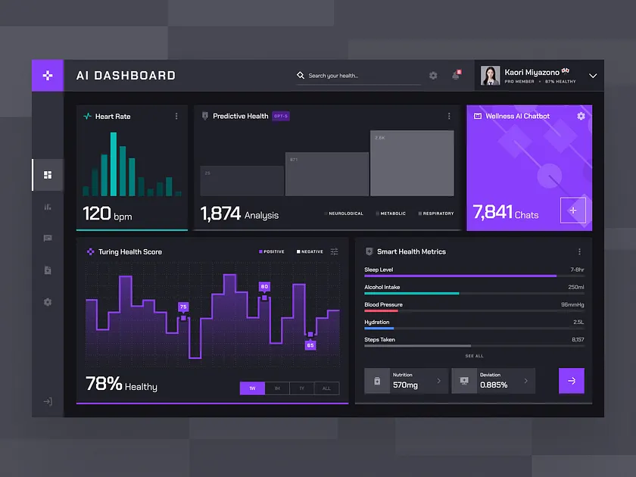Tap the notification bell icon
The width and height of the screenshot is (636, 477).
click(x=456, y=76)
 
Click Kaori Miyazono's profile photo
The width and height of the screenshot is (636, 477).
click(x=491, y=76)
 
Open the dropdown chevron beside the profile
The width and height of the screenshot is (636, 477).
click(x=593, y=76)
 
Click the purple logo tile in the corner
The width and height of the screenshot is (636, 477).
click(x=48, y=76)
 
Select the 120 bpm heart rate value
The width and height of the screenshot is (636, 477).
click(x=107, y=214)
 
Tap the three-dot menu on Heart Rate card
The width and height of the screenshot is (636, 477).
click(x=176, y=117)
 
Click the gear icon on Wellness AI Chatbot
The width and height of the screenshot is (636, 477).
click(x=581, y=117)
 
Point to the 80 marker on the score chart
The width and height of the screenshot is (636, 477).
click(x=264, y=287)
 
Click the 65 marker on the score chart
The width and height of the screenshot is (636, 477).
click(x=310, y=345)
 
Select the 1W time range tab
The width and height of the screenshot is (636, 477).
click(x=252, y=388)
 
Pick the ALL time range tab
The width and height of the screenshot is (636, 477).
click(x=326, y=388)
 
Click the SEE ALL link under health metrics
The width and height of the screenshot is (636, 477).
click(x=474, y=356)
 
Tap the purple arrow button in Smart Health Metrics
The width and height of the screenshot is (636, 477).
click(x=571, y=381)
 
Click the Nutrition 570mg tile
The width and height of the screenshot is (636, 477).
click(x=406, y=381)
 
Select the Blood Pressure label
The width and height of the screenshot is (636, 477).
click(x=383, y=304)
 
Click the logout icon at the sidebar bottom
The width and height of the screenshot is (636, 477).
click(x=48, y=401)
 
